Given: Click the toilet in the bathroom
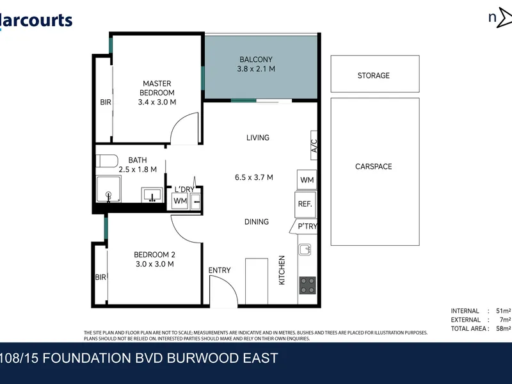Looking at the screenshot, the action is tap(107, 161).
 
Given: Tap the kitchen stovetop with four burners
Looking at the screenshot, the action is tap(308, 285).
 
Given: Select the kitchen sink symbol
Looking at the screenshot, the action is tap(305, 250).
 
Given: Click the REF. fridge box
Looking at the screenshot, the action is tap(305, 204).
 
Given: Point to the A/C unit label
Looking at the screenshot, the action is tap(314, 146).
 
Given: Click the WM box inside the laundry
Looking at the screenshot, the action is tap(180, 201).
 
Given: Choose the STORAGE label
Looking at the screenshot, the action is tap(374, 76).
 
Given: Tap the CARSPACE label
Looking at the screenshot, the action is tap(374, 166).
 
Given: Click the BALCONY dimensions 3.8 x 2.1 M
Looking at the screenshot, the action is tap(256, 69).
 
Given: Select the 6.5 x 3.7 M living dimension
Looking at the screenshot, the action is tap(254, 177).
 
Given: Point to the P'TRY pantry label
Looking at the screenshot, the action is tap(308, 227).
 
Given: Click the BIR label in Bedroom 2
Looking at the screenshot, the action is tap(100, 277).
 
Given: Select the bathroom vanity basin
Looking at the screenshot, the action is tap(152, 195).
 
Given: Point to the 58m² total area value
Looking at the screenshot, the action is tap(504, 328).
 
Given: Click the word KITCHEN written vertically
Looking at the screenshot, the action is tap(282, 270).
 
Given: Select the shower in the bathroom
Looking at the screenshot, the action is tap(108, 189).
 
